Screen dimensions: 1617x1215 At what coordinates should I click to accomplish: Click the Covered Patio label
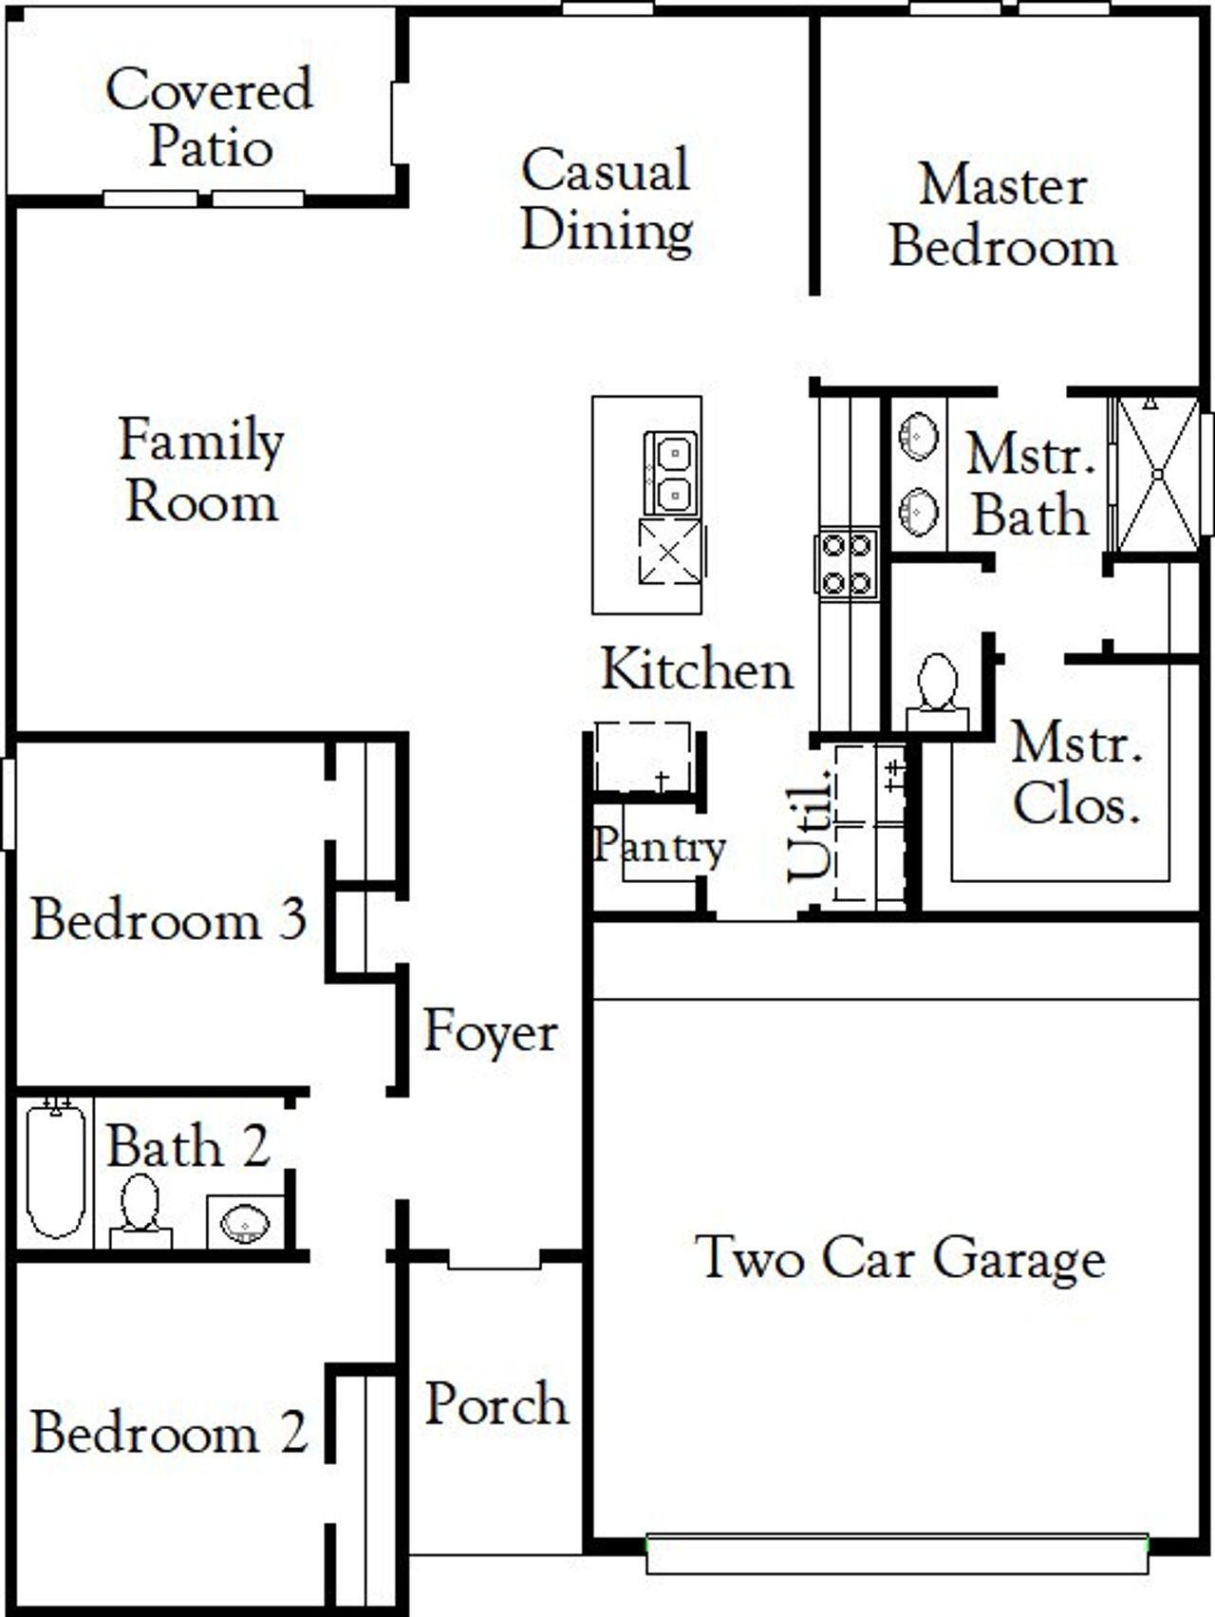click(x=209, y=118)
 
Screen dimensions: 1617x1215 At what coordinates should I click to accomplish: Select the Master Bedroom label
click(x=1002, y=216)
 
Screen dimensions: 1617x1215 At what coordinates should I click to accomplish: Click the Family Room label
click(x=201, y=470)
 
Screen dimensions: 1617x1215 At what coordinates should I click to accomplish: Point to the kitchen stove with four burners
click(x=847, y=564)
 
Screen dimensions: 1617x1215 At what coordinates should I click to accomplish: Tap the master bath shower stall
click(x=1157, y=474)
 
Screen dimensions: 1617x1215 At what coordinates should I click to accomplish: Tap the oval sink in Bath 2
click(x=246, y=1222)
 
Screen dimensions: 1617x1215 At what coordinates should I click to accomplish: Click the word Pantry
click(x=660, y=844)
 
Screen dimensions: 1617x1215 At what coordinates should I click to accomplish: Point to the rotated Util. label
click(x=810, y=823)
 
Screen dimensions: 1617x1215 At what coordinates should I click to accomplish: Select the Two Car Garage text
click(x=900, y=1257)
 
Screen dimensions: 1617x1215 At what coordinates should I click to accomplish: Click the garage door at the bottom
click(x=897, y=1552)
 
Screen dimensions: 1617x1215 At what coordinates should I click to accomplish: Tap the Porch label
click(x=495, y=1404)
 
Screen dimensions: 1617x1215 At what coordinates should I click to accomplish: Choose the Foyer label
click(x=490, y=1032)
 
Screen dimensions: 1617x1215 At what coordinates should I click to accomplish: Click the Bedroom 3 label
click(x=169, y=919)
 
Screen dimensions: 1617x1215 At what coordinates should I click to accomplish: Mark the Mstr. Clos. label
click(x=1076, y=773)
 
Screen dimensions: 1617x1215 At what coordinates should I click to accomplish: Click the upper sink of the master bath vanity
click(x=918, y=437)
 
